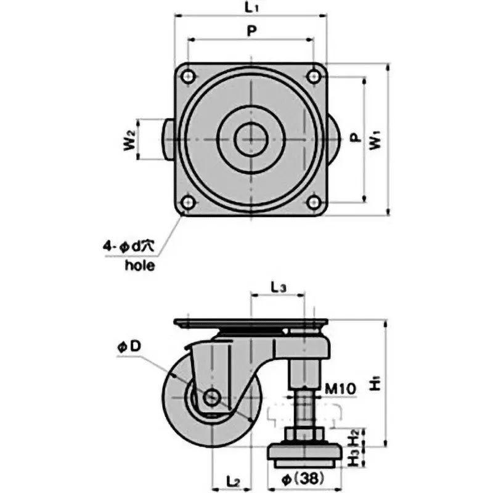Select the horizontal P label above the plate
coord(251,31)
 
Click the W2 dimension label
coord(129,140)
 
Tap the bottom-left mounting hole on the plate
coord(186,202)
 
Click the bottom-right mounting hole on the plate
coord(315,202)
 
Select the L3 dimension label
coord(279,287)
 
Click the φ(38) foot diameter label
coord(304,476)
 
